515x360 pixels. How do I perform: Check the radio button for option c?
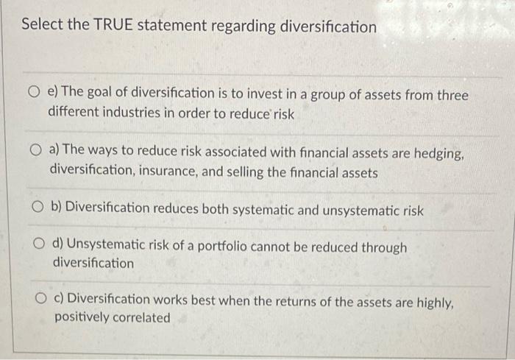coord(43,301)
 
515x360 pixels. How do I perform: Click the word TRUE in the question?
coord(112,26)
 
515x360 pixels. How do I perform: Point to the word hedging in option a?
coord(436,150)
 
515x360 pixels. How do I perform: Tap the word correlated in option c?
coord(138,318)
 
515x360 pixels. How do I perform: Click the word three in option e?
coord(450,95)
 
